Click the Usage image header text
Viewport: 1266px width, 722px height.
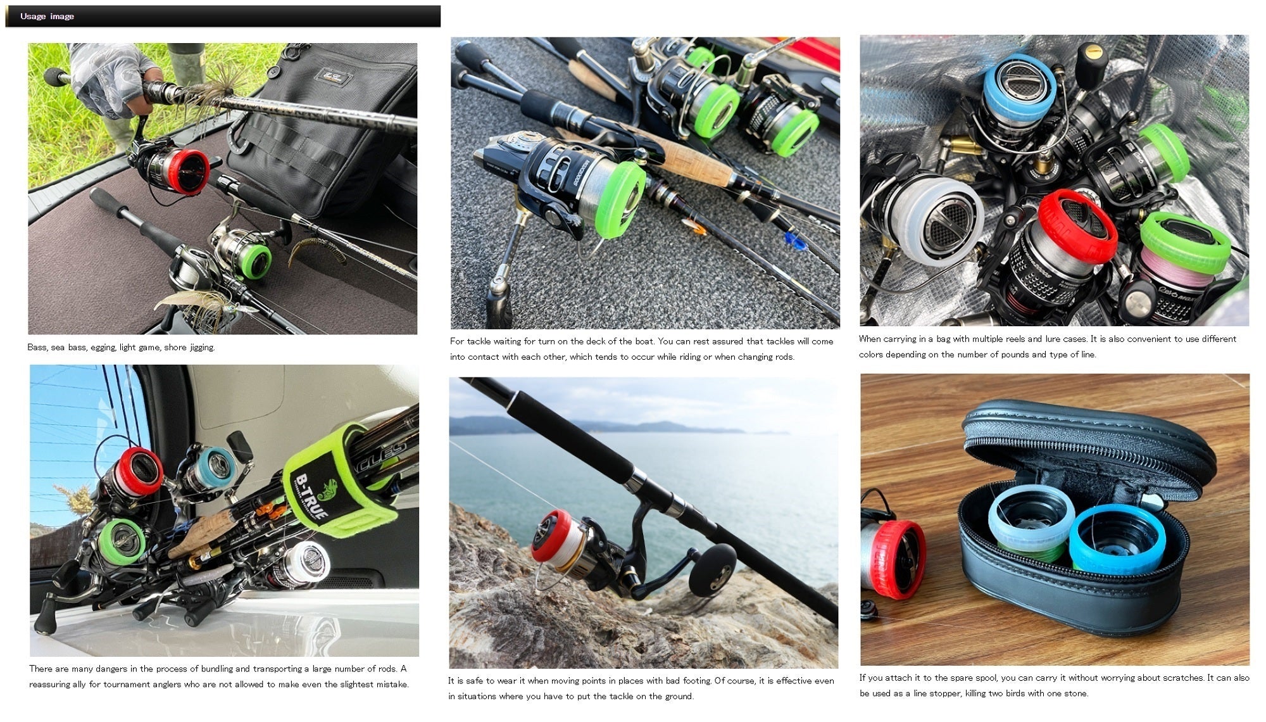pyautogui.click(x=47, y=16)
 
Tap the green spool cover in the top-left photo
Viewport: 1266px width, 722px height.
pyautogui.click(x=255, y=261)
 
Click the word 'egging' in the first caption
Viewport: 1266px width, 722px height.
pyautogui.click(x=99, y=348)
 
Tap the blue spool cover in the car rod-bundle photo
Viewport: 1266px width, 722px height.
pyautogui.click(x=216, y=466)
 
